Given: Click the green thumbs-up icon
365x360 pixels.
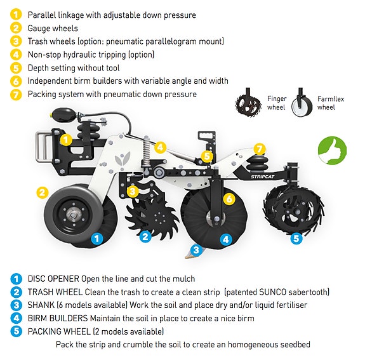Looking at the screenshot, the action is point(332,151).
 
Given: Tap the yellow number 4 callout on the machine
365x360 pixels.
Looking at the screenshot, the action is point(161,147).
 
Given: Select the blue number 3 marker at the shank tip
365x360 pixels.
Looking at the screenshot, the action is point(196,250).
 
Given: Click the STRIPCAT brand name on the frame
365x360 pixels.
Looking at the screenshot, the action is point(263,177).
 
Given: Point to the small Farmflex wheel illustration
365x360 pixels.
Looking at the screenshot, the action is point(302,103).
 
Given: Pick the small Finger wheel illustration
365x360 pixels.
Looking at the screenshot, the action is point(248,103).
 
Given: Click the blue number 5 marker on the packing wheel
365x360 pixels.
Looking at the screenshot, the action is point(296,239).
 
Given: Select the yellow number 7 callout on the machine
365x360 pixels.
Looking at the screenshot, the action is point(260,149).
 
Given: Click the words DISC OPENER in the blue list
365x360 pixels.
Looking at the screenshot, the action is point(53,279).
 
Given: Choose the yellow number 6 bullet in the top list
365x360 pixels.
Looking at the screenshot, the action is point(16,81).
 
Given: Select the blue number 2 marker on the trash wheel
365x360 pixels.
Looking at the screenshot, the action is point(145,237).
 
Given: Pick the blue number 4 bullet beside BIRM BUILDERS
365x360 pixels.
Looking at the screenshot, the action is point(16,318).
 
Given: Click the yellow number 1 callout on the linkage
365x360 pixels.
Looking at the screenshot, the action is point(66,140).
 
